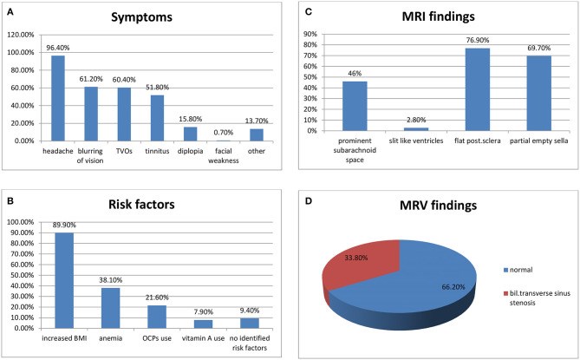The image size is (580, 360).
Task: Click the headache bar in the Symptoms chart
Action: [58, 98]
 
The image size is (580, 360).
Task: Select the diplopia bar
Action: [190, 134]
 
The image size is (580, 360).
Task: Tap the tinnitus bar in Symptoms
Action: [157, 118]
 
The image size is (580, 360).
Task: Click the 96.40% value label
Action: [58, 48]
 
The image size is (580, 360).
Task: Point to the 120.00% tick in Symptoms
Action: [21, 35]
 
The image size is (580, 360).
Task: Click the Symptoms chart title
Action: [141, 17]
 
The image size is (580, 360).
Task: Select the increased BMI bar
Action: [64, 280]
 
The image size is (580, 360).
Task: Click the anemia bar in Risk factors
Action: [111, 308]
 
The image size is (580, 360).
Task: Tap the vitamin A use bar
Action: [203, 324]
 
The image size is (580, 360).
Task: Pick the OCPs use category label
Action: [157, 338]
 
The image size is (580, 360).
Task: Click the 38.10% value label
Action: [111, 280]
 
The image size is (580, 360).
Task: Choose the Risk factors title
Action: [141, 204]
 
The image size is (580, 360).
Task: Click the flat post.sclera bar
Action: [478, 89]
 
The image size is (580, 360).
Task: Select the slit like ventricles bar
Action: [416, 129]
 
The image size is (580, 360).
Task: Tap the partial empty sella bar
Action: [539, 93]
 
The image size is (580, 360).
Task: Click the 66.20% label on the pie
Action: [453, 287]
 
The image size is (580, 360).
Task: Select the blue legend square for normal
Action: [505, 270]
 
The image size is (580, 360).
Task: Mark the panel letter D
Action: [308, 200]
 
